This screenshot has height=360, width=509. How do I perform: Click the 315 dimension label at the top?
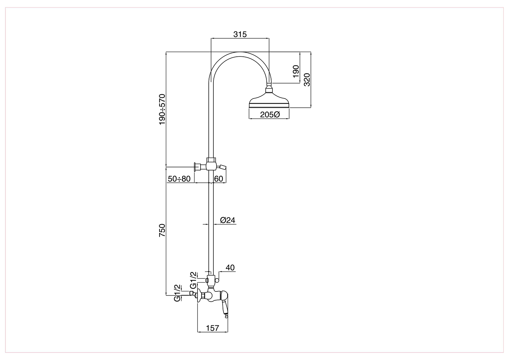(240, 34)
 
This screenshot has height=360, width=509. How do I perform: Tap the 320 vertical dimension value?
(307, 79)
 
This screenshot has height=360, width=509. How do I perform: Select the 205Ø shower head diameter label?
(270, 114)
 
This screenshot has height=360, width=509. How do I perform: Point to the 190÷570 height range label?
(162, 109)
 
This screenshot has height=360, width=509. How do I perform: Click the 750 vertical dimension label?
(162, 230)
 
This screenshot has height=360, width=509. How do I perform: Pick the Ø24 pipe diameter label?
(228, 220)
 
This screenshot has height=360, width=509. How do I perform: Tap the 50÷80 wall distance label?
(179, 179)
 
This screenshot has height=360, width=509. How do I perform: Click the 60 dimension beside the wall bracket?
(219, 179)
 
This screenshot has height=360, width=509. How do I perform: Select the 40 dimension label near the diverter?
(230, 268)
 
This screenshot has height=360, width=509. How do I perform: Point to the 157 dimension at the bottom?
(212, 328)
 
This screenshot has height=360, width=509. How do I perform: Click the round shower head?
(269, 100)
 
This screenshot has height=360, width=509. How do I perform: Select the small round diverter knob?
(217, 281)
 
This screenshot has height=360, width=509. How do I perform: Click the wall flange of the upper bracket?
(195, 167)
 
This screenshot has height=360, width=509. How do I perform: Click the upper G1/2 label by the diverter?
(193, 280)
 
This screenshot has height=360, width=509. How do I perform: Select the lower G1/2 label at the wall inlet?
(177, 293)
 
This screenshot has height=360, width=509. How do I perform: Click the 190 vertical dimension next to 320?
(296, 71)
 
